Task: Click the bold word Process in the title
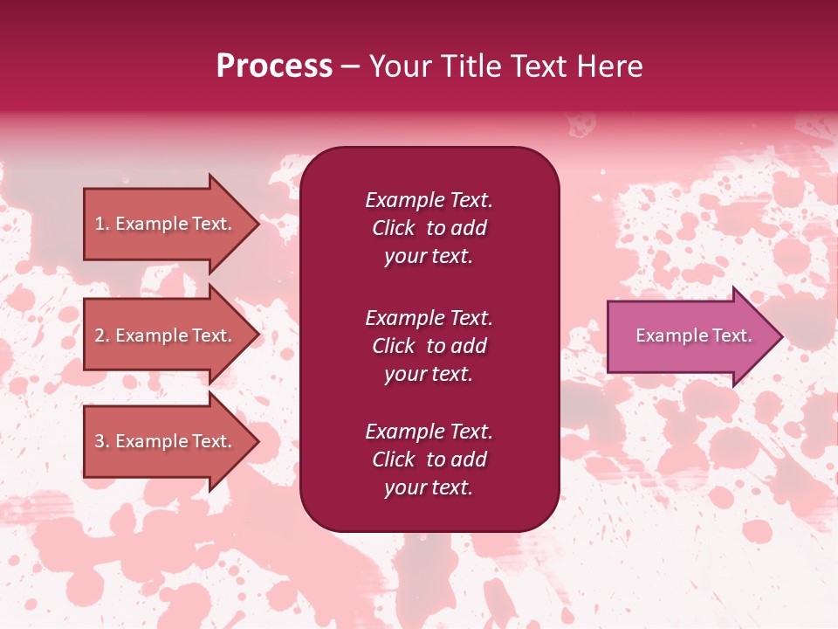pos(274,66)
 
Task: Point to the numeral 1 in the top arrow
pos(100,224)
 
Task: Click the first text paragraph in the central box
pos(429,228)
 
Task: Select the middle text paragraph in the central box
pos(429,346)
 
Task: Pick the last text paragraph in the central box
pos(429,460)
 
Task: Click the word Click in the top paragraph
pos(393,228)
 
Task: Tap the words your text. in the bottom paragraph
pos(429,487)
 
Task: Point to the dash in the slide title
pos(351,66)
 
